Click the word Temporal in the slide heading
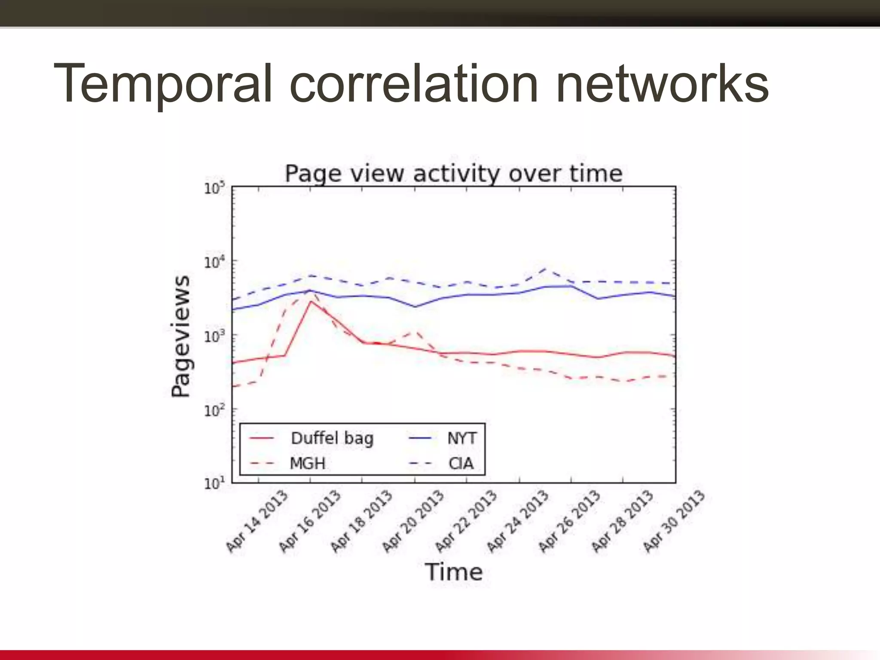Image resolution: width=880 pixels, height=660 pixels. pyautogui.click(x=163, y=84)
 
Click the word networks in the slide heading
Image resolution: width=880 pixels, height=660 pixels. pyautogui.click(x=662, y=84)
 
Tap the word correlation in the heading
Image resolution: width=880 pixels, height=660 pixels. pyautogui.click(x=413, y=84)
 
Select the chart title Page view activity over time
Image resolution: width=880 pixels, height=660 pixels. pyautogui.click(x=454, y=174)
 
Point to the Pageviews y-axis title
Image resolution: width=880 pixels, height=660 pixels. pyautogui.click(x=180, y=336)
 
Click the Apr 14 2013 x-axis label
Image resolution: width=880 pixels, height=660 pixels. pyautogui.click(x=257, y=521)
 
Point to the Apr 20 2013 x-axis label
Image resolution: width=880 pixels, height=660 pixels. pyautogui.click(x=413, y=521)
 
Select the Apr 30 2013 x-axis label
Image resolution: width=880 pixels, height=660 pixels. pyautogui.click(x=674, y=521)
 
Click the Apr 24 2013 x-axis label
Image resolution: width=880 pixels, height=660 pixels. pyautogui.click(x=517, y=521)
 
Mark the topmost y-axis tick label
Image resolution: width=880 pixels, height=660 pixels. pyautogui.click(x=214, y=188)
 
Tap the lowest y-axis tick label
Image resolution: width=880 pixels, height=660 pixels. pyautogui.click(x=214, y=484)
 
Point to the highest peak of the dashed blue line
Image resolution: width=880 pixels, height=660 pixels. pyautogui.click(x=545, y=269)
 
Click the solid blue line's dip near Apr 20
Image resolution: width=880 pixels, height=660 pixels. pyautogui.click(x=415, y=307)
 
